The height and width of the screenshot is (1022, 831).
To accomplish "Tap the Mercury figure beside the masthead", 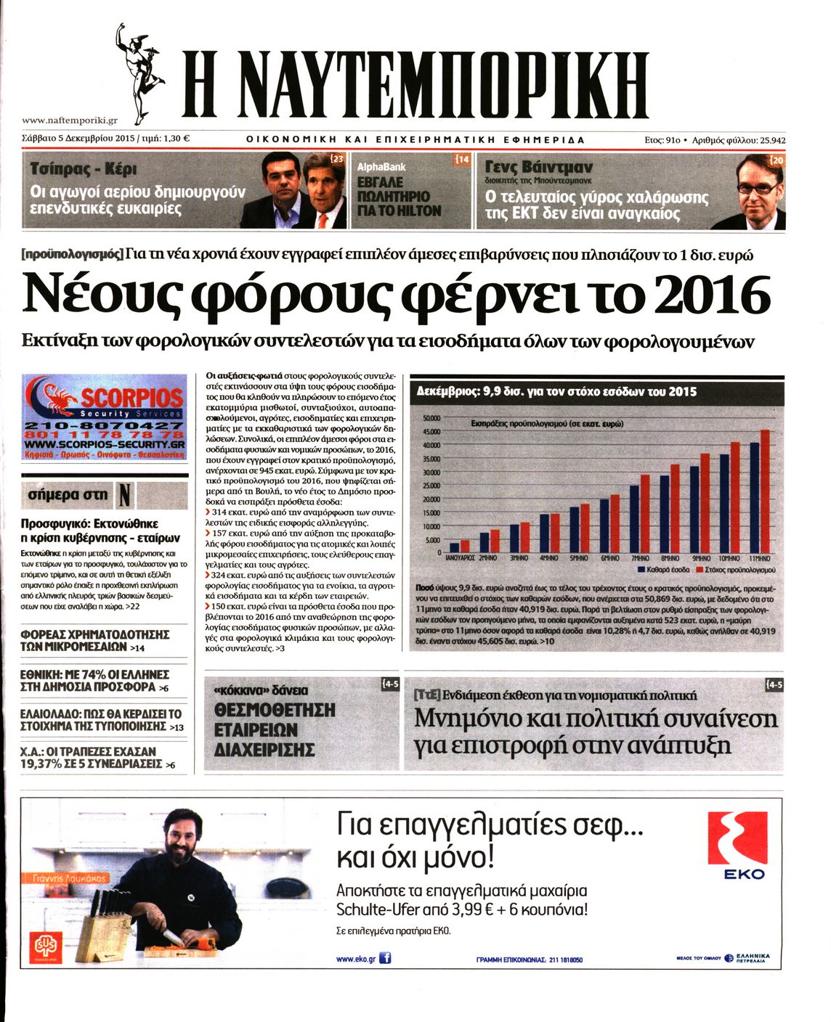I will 138,73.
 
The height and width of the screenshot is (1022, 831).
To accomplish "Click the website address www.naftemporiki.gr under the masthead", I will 70,120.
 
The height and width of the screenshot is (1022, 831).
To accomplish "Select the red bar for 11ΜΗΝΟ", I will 765,491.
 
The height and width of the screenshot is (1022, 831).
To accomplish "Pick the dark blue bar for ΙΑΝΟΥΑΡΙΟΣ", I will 455,547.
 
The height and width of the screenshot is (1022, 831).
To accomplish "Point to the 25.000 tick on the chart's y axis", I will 431,486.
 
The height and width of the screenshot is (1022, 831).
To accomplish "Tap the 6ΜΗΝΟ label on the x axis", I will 609,559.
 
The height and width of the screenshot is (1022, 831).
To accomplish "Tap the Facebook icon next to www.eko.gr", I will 385,958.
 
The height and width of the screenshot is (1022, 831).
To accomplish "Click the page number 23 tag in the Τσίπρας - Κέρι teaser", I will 337,158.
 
